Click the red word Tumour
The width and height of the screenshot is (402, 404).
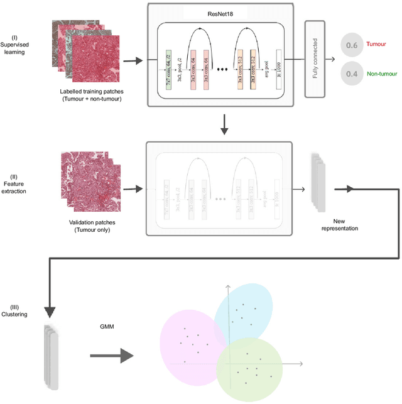pos(376,45)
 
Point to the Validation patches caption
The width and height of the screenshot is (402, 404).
pos(90,226)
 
